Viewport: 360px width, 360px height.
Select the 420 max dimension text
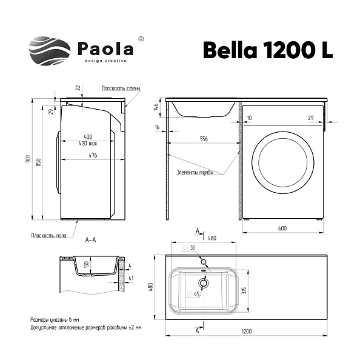(x=89, y=144)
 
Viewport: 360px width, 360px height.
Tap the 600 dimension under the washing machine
(x=282, y=229)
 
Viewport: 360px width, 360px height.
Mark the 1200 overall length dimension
(x=247, y=332)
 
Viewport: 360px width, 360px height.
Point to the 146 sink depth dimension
(x=156, y=108)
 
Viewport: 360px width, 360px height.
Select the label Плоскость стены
(x=121, y=88)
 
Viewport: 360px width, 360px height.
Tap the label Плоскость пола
(x=48, y=235)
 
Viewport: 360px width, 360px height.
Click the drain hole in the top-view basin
(x=204, y=282)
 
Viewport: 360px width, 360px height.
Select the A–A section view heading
(x=91, y=241)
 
